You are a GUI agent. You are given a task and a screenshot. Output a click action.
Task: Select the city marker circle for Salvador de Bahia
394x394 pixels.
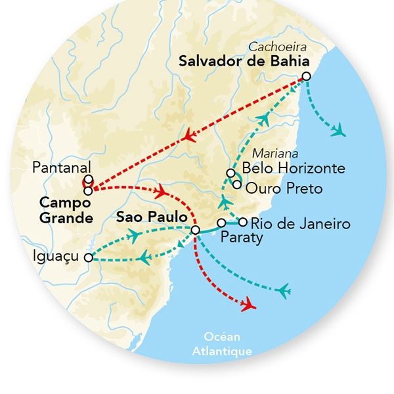306,77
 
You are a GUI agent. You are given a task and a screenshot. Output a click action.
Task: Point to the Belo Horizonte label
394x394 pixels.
293,169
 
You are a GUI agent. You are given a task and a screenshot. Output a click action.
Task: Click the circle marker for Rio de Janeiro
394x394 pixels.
243,222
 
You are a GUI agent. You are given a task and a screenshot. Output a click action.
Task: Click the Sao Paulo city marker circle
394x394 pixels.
195,230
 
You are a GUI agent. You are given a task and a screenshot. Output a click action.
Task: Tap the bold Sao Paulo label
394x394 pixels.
150,217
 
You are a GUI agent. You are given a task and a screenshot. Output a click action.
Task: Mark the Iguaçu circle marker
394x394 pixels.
88,258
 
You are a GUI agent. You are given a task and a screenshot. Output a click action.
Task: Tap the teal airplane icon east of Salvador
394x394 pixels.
338,130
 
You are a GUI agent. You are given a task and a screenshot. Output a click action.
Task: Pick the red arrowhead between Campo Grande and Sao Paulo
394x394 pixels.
160,192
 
